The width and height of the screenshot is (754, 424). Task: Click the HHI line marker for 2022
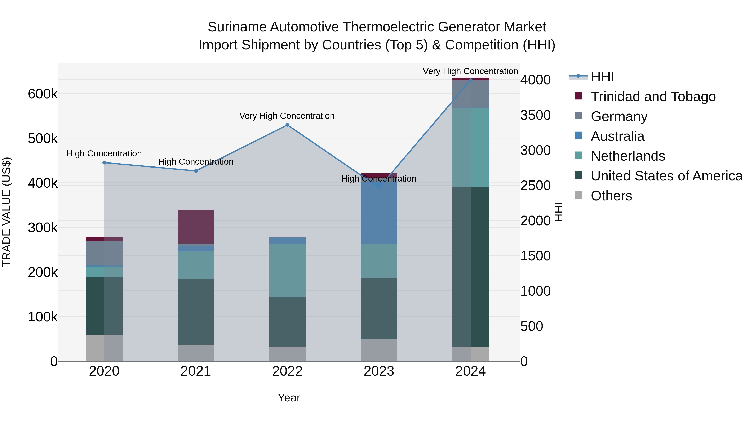pos(287,125)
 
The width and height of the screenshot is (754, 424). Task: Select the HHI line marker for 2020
pos(104,163)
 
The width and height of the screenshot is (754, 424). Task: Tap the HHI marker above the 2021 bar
pos(196,171)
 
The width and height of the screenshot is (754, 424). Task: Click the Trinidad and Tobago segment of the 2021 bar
pos(196,227)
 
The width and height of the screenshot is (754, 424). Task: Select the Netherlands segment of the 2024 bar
pos(470,148)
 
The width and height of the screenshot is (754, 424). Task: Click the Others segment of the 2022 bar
pos(287,354)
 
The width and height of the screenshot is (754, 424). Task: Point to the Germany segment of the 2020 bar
pos(104,253)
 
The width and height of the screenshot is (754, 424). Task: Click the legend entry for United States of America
pos(666,176)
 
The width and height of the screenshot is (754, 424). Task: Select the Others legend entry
pos(611,196)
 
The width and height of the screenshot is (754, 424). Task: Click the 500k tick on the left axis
pos(43,139)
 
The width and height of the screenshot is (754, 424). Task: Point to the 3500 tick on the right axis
pos(535,115)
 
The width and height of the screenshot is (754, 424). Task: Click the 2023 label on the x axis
pos(379,371)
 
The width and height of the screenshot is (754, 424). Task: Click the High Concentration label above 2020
pos(104,154)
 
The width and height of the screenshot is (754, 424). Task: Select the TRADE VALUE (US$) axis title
pos(6,212)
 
